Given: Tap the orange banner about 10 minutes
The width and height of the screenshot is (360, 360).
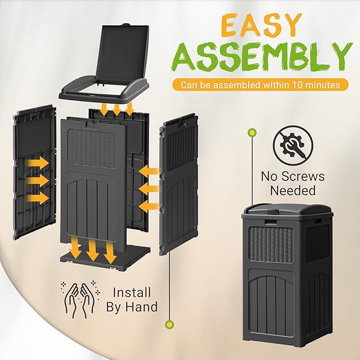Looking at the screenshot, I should tap(260, 84).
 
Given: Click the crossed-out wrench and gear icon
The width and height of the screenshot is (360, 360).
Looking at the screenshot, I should tap(293, 145).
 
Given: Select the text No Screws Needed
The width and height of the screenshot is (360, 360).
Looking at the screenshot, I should tap(293, 183).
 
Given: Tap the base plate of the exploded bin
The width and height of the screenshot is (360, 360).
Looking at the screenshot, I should tap(106, 260).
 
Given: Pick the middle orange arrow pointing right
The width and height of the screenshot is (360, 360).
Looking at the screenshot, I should tap(37, 180).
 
